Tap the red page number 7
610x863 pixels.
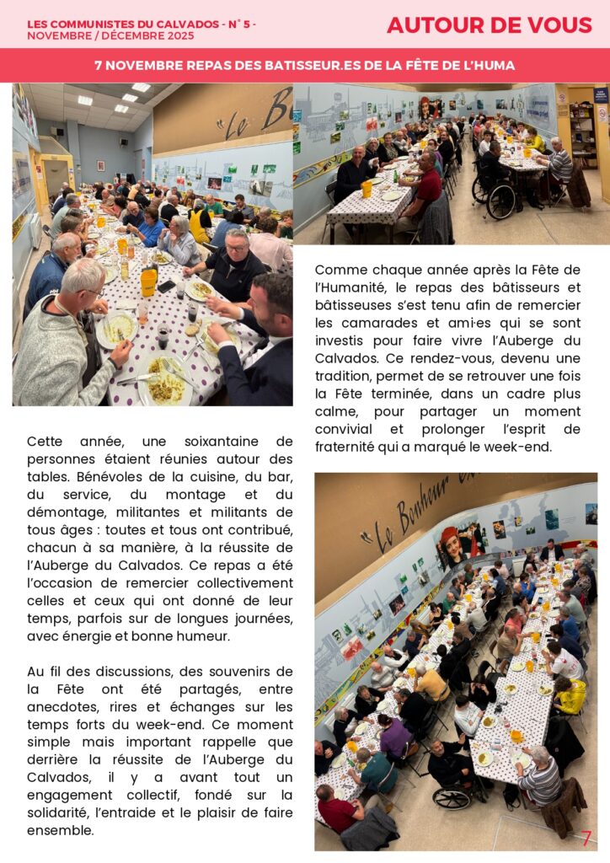coord(586,839)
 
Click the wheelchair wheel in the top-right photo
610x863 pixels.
coord(500,202)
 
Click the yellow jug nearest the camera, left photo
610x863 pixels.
coord(149,281)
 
